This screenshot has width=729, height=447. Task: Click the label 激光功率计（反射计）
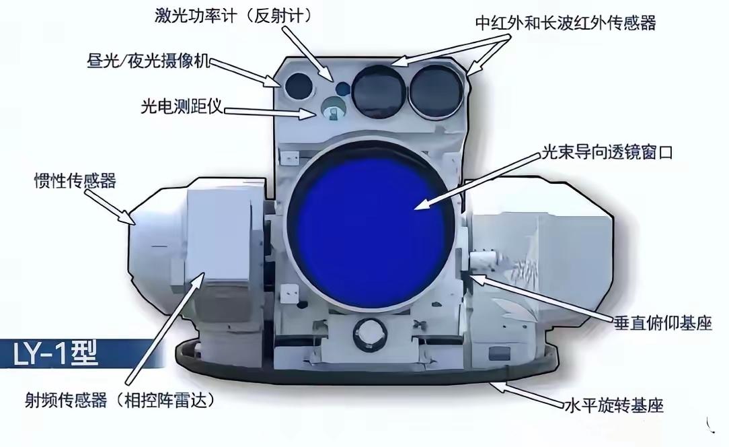233,16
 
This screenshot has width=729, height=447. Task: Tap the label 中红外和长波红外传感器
566,22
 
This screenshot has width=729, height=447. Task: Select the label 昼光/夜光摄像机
149,61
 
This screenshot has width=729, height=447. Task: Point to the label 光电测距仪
182,106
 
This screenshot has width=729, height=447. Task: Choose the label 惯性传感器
75,180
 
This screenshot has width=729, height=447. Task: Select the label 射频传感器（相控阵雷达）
120,400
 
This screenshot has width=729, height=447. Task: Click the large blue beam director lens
371,229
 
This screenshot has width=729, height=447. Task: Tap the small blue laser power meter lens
343,88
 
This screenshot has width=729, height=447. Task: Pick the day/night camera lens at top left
299,86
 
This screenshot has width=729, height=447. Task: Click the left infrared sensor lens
379,91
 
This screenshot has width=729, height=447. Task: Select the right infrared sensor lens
436,91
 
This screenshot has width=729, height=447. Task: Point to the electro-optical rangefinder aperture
332,109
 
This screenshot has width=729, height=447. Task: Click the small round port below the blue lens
370,334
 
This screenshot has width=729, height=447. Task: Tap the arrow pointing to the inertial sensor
110,207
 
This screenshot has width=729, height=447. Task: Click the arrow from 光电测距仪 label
270,112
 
